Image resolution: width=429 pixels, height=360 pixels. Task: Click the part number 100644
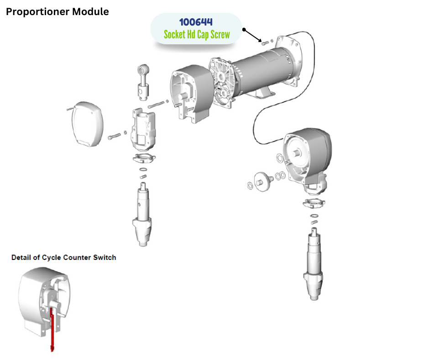click(196, 22)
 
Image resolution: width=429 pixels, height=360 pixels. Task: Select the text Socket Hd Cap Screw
click(196, 35)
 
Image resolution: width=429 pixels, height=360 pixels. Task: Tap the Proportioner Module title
click(58, 12)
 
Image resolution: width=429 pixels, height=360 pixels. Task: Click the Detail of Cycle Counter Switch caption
click(63, 258)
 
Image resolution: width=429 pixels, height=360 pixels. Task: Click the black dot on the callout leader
click(244, 30)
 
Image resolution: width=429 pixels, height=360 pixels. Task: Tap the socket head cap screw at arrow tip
click(263, 42)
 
